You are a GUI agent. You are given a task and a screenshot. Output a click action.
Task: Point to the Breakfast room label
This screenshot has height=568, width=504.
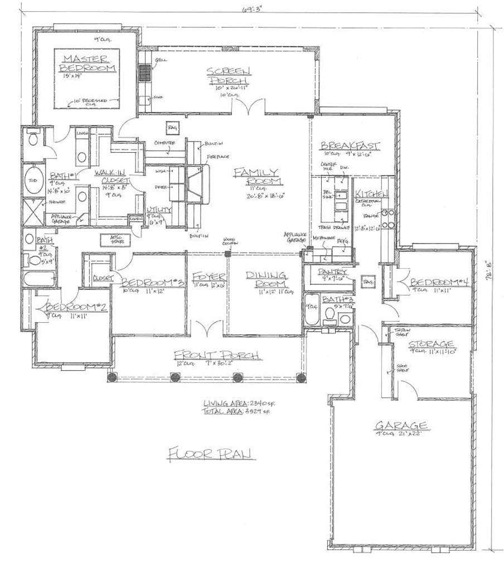(350, 146)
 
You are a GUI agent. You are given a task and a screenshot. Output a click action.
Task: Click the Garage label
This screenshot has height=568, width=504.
(401, 425)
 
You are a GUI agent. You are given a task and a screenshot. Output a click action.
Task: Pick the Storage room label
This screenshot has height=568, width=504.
(430, 343)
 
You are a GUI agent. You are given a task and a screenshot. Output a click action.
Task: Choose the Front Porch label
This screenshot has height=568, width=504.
(218, 356)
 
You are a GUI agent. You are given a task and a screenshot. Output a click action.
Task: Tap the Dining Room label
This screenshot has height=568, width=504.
(266, 279)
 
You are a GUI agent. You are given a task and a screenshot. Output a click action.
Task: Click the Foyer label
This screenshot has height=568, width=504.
(209, 277)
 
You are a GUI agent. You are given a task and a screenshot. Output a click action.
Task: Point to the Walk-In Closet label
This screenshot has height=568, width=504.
(112, 177)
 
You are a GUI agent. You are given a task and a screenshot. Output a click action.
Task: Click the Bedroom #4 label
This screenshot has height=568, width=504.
(439, 282)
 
